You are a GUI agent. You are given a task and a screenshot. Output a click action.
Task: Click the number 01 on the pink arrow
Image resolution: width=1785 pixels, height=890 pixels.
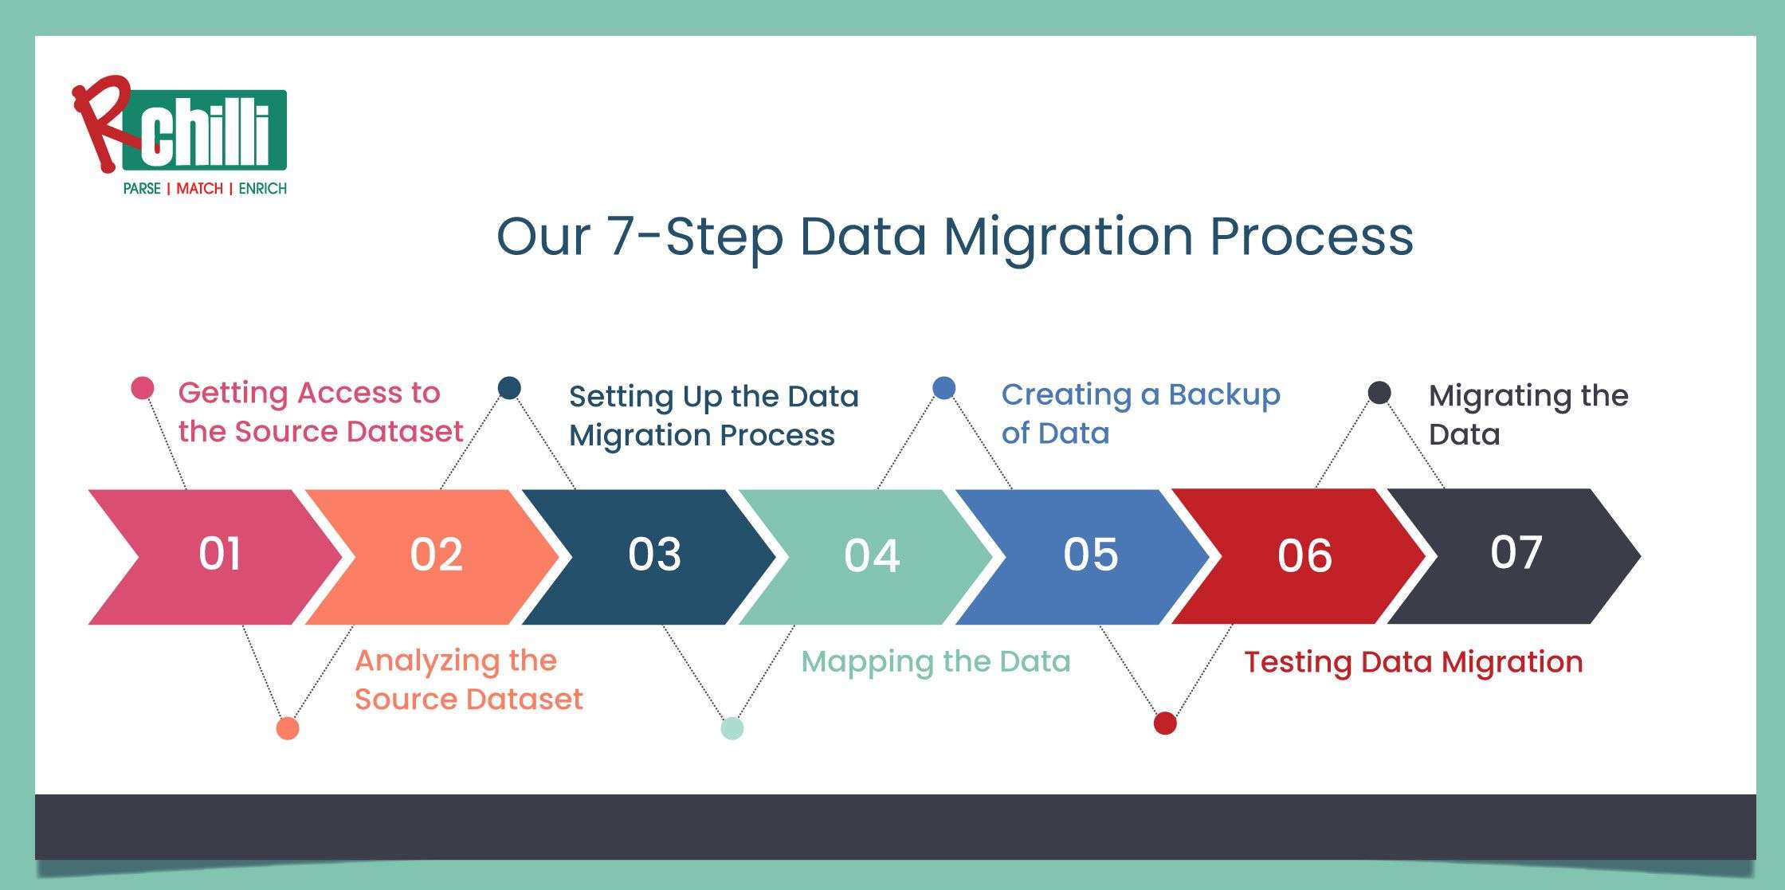point(219,554)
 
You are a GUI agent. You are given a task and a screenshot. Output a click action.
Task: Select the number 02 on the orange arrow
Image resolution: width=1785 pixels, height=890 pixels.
point(436,555)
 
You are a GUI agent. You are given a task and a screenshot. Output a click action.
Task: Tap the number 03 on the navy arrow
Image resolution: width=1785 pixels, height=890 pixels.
point(654,555)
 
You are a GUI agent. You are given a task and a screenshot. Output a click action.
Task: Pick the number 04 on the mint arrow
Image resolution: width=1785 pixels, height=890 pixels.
point(872,555)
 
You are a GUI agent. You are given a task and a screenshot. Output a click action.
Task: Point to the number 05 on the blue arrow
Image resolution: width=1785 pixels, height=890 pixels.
point(1090,555)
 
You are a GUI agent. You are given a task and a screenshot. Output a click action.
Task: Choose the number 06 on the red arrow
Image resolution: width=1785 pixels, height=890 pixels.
point(1304,555)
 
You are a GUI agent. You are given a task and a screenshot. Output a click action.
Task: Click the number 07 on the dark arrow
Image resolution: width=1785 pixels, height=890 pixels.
point(1516,551)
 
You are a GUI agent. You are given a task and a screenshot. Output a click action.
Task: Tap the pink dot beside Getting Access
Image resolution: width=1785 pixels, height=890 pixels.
point(142,389)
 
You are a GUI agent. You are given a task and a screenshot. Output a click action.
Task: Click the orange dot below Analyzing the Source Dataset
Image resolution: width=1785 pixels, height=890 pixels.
point(287,728)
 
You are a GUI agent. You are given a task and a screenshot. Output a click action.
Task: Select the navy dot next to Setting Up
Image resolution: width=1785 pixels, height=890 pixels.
point(509,388)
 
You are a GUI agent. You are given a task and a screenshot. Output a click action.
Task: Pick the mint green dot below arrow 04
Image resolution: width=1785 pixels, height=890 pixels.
point(732,728)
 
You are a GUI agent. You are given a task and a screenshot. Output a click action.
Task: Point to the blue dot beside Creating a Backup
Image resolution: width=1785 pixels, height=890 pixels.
point(943,388)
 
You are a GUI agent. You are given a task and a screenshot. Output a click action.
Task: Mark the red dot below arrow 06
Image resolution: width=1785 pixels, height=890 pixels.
point(1165,723)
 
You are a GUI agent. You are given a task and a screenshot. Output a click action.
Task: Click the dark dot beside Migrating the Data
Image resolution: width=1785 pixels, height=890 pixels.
point(1379,393)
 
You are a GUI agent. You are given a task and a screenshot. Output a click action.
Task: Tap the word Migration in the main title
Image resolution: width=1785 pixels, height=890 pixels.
point(1068,237)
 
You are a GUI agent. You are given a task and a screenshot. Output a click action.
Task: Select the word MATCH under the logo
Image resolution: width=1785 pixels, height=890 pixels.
point(199,189)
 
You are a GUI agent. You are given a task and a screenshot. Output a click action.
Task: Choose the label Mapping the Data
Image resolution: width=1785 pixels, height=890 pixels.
point(936,661)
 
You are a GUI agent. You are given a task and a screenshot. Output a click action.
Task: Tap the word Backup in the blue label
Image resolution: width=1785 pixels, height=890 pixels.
point(1224,394)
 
